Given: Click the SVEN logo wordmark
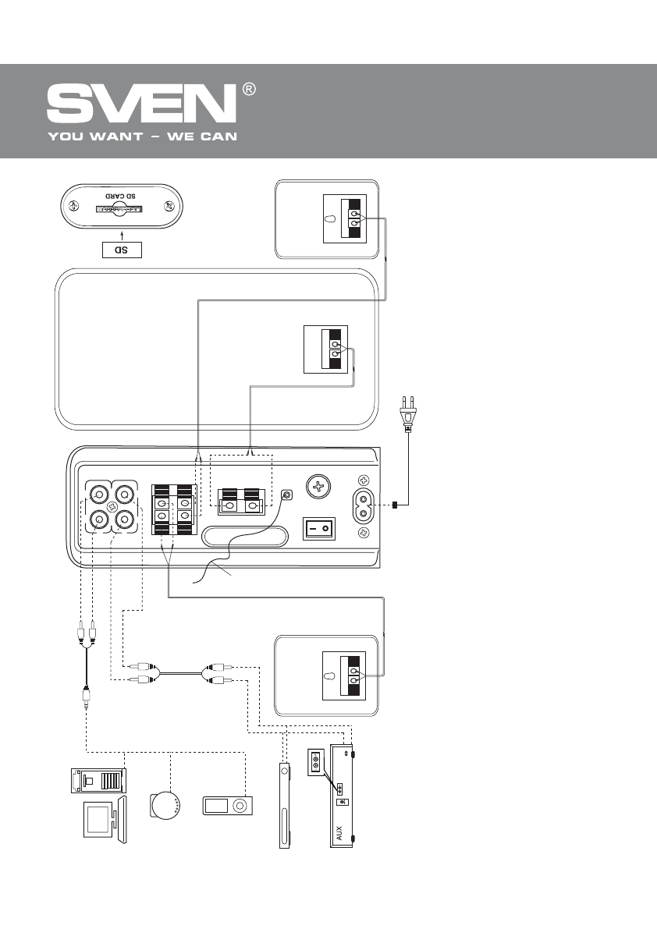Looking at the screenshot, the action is [141, 104].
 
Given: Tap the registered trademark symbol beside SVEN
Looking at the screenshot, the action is [249, 90].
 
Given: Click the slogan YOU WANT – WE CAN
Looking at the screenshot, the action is [142, 137].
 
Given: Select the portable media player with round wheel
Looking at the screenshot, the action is [226, 806].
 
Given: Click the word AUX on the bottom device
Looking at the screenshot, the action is [339, 834].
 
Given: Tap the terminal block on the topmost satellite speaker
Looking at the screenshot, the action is [346, 218].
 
